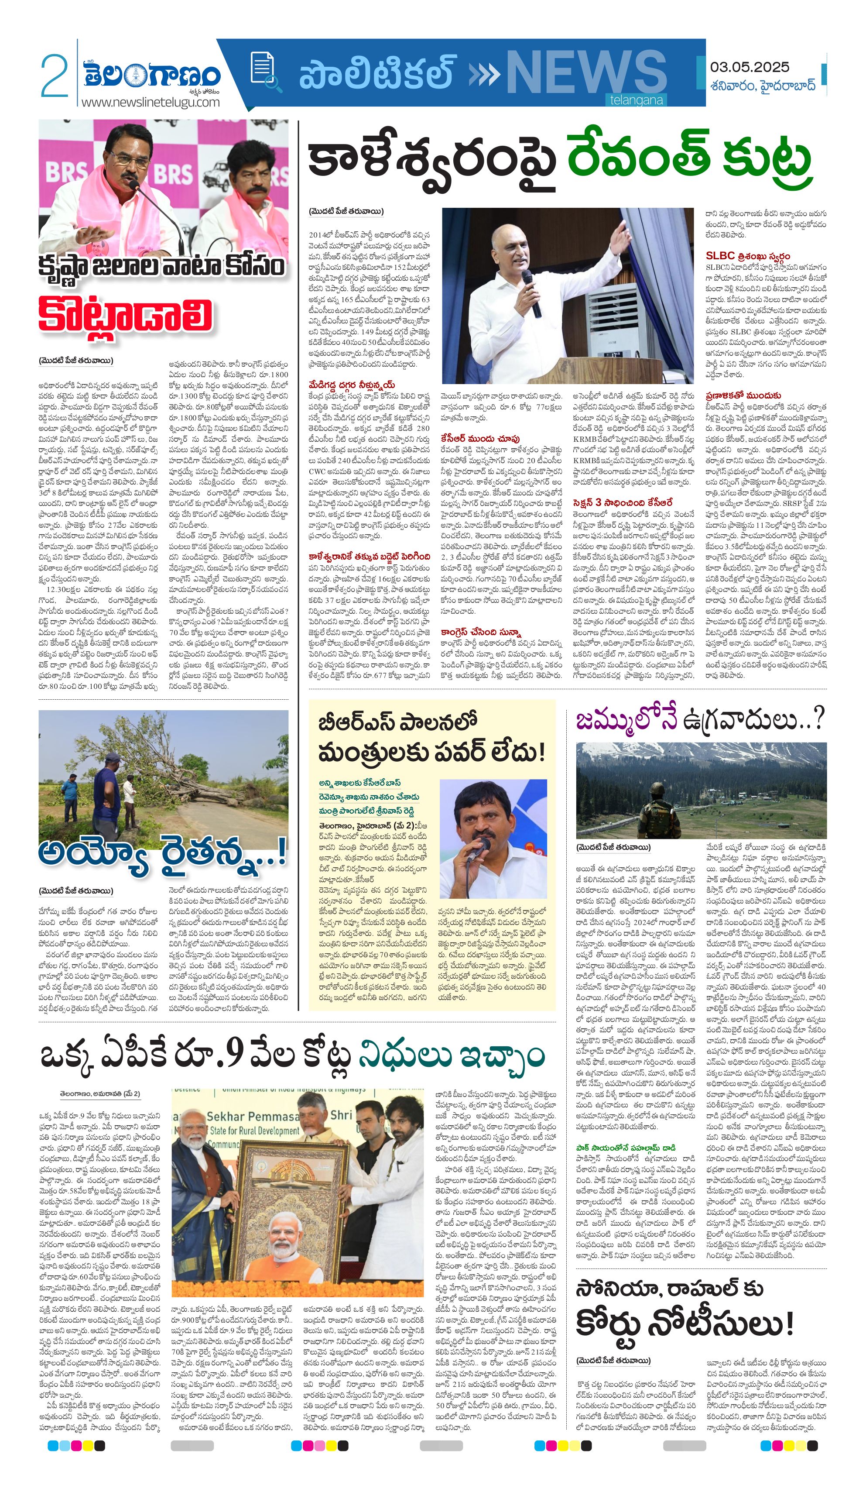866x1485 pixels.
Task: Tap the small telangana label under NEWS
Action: coord(636,100)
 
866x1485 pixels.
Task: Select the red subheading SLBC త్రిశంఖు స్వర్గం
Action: coord(748,256)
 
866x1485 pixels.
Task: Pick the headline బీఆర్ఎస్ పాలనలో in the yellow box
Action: coord(397,722)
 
